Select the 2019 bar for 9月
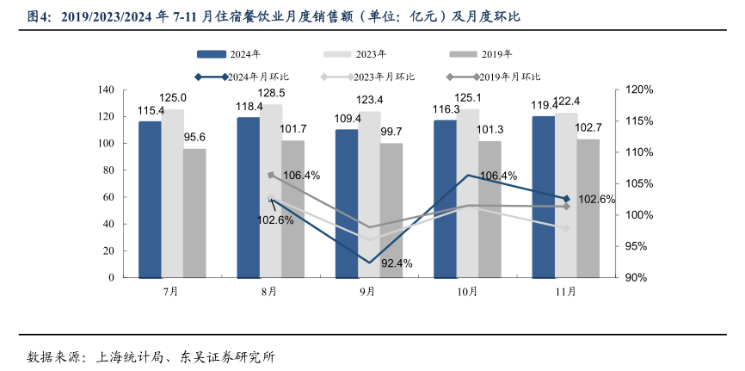(391, 210)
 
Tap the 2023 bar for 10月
(468, 193)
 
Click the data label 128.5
(271, 92)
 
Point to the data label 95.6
(194, 137)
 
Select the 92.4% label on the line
(397, 263)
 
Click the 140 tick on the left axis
(106, 90)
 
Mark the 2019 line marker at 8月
(270, 175)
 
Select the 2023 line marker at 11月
(566, 228)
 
